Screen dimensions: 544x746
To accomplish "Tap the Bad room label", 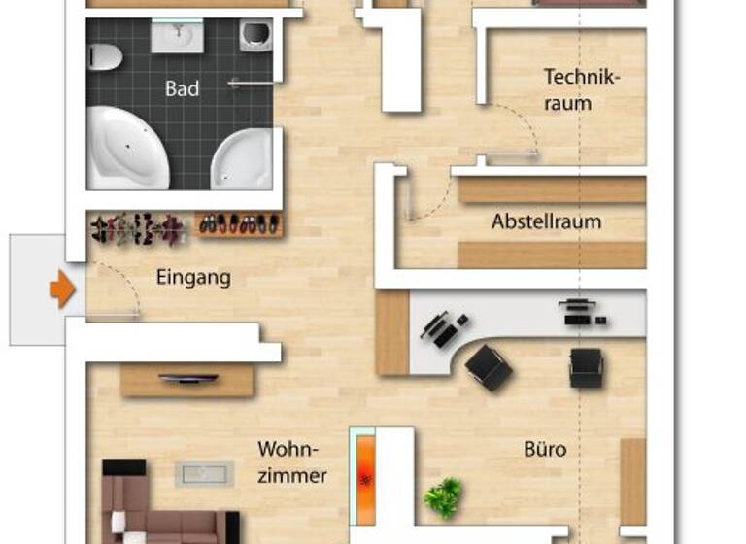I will (x=182, y=88).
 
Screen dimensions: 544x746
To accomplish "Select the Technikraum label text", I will (x=581, y=88).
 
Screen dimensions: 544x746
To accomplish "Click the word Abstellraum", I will (x=546, y=221).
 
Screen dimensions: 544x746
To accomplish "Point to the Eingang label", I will (x=193, y=278).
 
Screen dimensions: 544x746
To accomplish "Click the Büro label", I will (x=545, y=450).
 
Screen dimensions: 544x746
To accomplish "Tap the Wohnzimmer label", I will (x=291, y=462).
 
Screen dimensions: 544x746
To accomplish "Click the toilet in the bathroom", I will (x=103, y=56).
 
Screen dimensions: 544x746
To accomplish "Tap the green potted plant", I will (x=444, y=496).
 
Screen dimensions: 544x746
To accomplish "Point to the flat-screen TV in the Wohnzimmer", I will (x=186, y=378).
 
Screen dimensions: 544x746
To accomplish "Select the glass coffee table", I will (x=204, y=474).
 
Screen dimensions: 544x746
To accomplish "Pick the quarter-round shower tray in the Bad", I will (x=243, y=160).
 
